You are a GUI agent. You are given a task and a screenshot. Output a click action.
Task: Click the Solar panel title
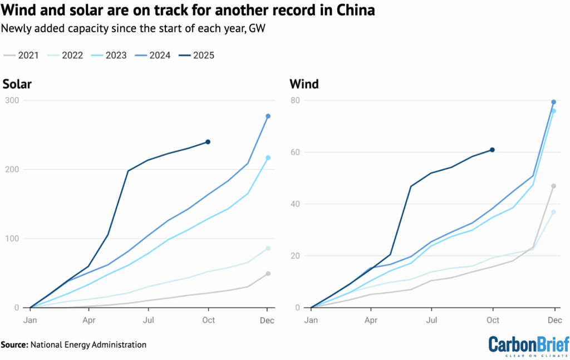pyautogui.click(x=17, y=85)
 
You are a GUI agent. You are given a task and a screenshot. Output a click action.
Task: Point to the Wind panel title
pyautogui.click(x=304, y=85)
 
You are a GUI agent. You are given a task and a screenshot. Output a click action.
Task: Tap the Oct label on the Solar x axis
pyautogui.click(x=208, y=319)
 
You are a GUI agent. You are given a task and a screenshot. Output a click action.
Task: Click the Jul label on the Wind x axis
pyautogui.click(x=431, y=319)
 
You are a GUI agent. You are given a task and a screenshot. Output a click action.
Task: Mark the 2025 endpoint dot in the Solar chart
pyautogui.click(x=208, y=142)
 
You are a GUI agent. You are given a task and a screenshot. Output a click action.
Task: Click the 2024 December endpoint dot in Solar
pyautogui.click(x=268, y=116)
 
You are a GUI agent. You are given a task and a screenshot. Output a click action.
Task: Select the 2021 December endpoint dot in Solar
pyautogui.click(x=268, y=274)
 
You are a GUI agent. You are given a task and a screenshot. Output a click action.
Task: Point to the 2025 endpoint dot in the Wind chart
pyautogui.click(x=493, y=150)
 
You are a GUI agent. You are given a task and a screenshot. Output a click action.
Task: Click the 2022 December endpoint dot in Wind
pyautogui.click(x=554, y=212)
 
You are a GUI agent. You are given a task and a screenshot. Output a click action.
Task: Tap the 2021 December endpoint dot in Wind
pyautogui.click(x=554, y=186)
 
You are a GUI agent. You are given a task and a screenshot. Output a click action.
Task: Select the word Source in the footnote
pyautogui.click(x=13, y=345)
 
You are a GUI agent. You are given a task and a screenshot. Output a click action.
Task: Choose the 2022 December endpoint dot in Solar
pyautogui.click(x=268, y=248)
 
